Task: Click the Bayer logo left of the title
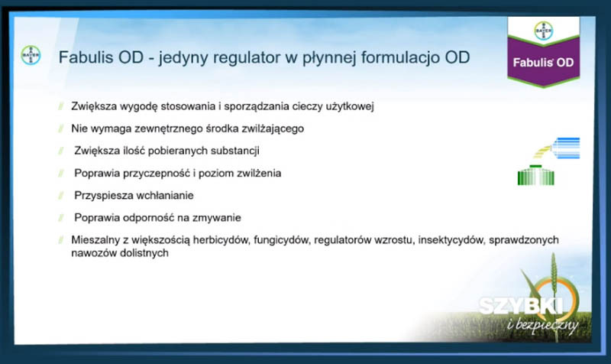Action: coord(31,55)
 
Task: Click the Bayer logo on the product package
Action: coord(544,31)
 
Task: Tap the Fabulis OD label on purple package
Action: coord(543,63)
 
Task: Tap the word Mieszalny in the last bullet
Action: coord(95,240)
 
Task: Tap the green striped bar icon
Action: coord(536,175)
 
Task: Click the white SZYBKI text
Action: coord(521,305)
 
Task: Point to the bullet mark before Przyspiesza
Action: coord(61,195)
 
